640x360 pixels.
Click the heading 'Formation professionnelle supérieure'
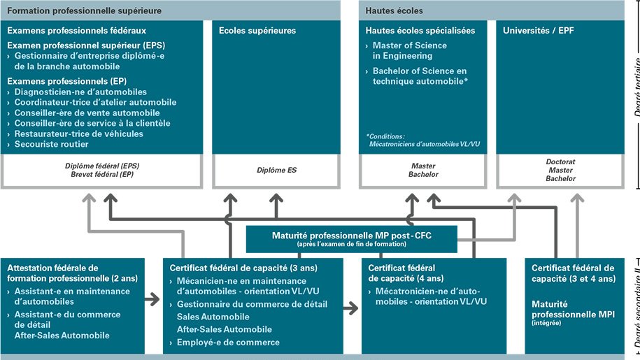(x=85, y=10)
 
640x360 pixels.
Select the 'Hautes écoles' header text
(x=394, y=10)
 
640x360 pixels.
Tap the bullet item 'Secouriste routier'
(x=51, y=144)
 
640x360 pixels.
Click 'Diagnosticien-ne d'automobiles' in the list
(x=80, y=92)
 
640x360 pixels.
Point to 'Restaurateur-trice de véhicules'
(x=78, y=134)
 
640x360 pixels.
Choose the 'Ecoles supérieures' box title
(x=257, y=31)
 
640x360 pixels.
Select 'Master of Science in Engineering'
(x=409, y=50)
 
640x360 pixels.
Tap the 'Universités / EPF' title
(x=538, y=31)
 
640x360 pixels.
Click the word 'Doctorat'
(x=560, y=161)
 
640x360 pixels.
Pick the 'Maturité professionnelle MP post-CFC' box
(x=351, y=238)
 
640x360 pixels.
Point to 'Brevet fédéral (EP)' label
(x=102, y=174)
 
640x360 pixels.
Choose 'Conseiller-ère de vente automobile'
(x=87, y=113)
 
